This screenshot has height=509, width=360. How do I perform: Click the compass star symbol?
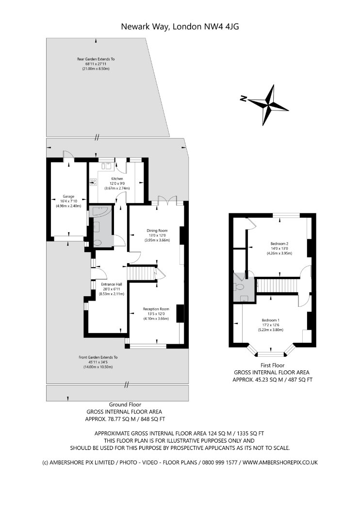(x=268, y=103)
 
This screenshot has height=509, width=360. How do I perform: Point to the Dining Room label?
(x=157, y=230)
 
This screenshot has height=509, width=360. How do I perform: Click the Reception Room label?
(x=156, y=309)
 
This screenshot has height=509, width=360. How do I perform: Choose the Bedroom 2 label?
(x=279, y=243)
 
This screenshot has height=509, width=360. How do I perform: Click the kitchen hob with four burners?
(x=93, y=182)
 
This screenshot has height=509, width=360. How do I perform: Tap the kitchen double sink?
(x=107, y=165)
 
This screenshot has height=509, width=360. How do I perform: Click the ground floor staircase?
(x=142, y=274)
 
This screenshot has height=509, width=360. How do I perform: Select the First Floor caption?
(x=272, y=365)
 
